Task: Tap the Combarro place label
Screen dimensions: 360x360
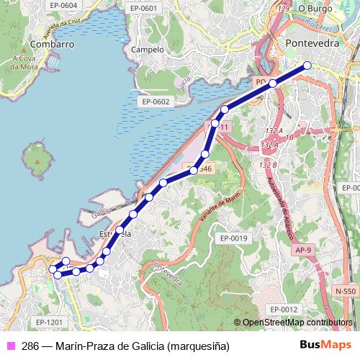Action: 53,44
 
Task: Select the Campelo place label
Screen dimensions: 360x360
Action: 148,50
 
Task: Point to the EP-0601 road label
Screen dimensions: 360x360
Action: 143,7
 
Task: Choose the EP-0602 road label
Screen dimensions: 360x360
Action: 156,102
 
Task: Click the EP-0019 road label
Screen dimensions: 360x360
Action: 233,238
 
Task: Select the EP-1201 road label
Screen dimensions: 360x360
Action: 50,322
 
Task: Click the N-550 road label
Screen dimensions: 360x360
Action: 345,291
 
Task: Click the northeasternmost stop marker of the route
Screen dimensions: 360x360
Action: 307,66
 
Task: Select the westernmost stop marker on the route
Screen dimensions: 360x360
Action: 52,269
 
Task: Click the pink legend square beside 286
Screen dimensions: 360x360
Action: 10,346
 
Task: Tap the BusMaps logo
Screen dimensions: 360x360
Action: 320,346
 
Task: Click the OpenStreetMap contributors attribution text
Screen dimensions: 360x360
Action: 297,323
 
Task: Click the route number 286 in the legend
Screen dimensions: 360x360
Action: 30,346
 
